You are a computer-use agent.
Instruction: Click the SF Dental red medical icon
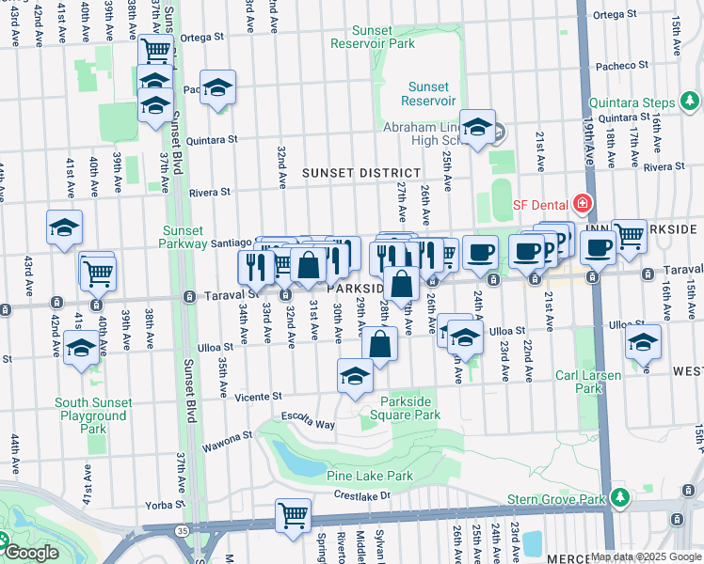583,204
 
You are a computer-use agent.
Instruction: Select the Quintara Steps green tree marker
692,100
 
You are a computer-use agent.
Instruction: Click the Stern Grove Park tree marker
619,495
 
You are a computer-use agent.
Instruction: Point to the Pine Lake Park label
370,477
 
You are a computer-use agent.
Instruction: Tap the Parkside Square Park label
410,407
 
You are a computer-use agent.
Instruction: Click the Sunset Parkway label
184,237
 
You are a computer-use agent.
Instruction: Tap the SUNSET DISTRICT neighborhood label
360,173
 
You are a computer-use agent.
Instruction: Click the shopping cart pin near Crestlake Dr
293,514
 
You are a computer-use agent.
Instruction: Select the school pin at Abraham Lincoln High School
478,127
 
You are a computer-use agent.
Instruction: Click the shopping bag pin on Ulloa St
379,344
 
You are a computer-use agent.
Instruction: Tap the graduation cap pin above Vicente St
355,376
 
